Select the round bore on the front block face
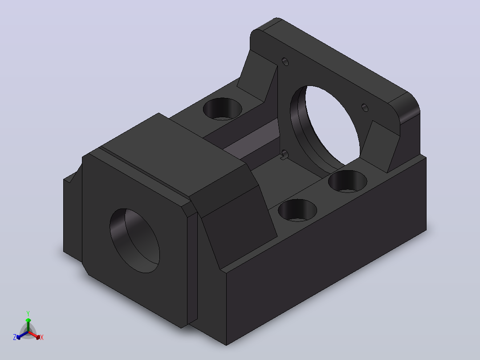click(134, 241)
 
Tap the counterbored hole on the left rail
click(223, 109)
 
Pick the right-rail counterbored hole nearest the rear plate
click(347, 181)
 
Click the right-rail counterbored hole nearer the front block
click(297, 210)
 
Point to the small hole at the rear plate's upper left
click(285, 61)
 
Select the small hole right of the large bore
click(365, 107)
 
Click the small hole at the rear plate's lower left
click(285, 155)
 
